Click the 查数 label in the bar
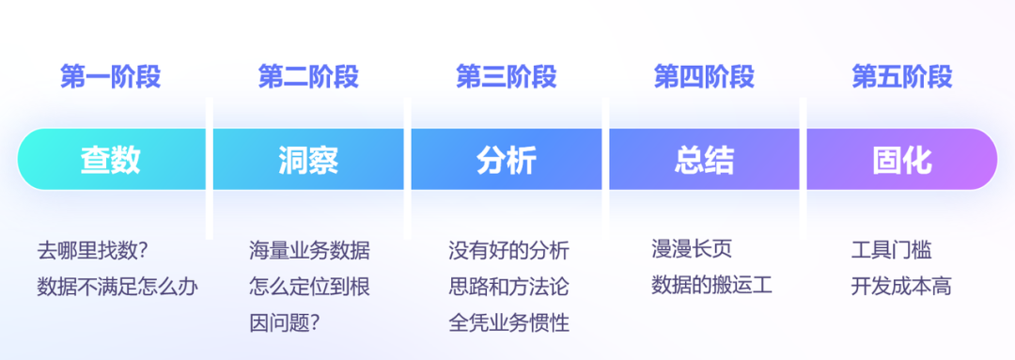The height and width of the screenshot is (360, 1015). point(110,160)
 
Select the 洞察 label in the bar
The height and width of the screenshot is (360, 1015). point(308,160)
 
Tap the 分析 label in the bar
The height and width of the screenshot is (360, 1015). point(507,160)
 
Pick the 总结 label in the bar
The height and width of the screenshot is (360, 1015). point(704,160)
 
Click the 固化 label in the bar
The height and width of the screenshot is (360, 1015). point(902,160)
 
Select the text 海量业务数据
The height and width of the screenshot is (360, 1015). point(309,251)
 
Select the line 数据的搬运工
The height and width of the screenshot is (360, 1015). point(711,285)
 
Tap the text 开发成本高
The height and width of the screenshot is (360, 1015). point(900,286)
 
